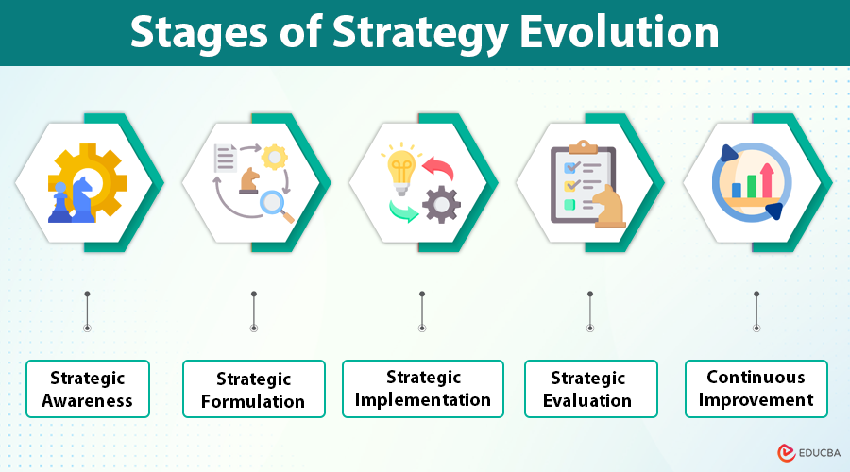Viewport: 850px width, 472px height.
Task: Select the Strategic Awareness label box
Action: click(x=87, y=388)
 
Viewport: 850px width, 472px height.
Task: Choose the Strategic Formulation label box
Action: click(x=253, y=389)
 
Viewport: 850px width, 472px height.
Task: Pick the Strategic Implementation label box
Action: click(x=422, y=388)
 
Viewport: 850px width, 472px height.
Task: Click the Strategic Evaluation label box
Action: click(x=588, y=388)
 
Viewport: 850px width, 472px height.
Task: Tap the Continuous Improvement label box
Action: click(x=756, y=387)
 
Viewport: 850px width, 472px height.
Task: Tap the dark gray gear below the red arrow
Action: click(x=440, y=203)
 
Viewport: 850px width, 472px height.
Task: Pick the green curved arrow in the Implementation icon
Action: click(x=403, y=210)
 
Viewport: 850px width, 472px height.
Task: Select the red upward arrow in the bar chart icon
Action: click(x=766, y=178)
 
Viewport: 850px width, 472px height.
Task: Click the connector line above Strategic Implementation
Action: click(x=421, y=311)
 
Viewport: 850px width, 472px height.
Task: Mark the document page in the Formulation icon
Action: click(x=226, y=158)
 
